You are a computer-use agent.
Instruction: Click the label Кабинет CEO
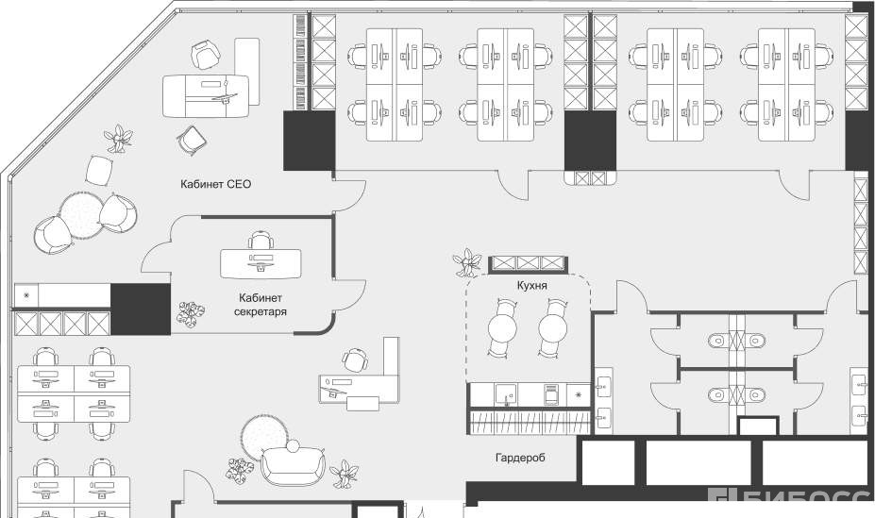click(216, 184)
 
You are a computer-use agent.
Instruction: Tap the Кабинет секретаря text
click(257, 303)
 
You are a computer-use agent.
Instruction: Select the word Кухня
click(532, 284)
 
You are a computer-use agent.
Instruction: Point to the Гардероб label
click(520, 458)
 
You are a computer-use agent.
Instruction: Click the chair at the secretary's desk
click(261, 242)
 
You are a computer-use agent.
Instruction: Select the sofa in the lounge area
click(292, 462)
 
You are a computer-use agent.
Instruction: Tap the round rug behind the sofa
click(263, 435)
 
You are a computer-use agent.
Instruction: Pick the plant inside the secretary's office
click(192, 313)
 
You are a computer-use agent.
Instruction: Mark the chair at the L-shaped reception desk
click(356, 360)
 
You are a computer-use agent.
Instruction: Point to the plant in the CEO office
click(120, 139)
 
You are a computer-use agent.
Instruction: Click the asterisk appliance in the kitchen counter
click(580, 393)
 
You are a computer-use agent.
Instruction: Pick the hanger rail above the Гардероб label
click(530, 420)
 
